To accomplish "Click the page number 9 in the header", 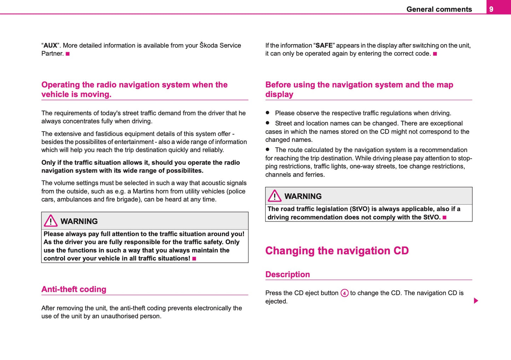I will click(491, 9).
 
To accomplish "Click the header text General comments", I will click(439, 9).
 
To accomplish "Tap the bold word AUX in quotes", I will click(50, 46).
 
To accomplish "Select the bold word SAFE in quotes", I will click(324, 46).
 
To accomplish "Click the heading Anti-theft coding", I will click(74, 289).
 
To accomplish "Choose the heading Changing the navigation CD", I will click(337, 251).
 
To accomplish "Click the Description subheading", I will click(288, 274).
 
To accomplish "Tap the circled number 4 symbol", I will click(344, 293).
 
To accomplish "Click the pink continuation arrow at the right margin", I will click(476, 301).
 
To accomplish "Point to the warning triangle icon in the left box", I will click(51, 221).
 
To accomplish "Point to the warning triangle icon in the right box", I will click(274, 196).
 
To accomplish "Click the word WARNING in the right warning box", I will click(303, 196).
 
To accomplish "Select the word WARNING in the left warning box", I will click(79, 221).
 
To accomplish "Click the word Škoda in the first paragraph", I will click(209, 46).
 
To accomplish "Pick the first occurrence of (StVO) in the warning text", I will click(359, 209).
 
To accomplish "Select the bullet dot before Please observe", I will click(268, 113).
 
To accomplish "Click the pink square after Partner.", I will click(68, 54).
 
